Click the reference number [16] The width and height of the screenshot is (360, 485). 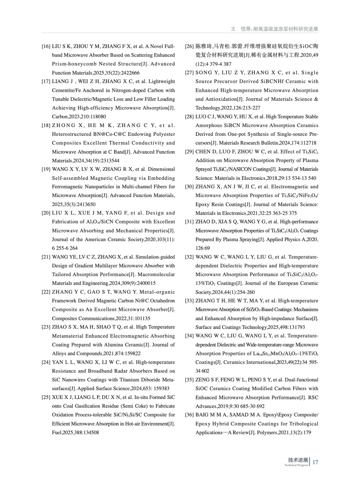tap(46, 46)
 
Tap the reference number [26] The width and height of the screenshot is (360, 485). tap(189, 46)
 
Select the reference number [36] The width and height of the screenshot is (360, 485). tap(189, 415)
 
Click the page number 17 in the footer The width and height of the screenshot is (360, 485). tap(315, 462)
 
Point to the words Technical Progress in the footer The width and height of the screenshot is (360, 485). tap(296, 465)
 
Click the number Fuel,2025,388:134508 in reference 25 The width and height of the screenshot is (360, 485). tap(76, 433)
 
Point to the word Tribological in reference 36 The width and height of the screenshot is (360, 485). tap(304, 424)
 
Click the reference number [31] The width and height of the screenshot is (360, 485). tap(189, 222)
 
